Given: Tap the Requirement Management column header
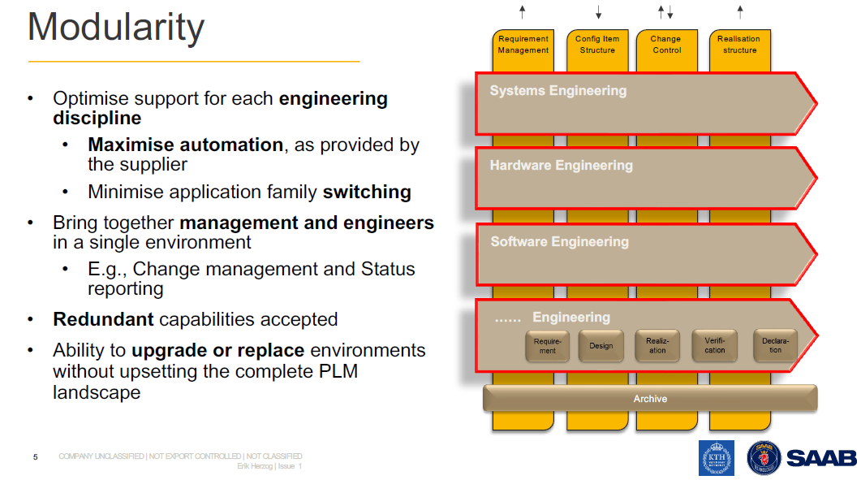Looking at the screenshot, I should click(x=523, y=45).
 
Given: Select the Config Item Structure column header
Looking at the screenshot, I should click(x=597, y=45).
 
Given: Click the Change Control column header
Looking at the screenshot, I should click(x=667, y=45).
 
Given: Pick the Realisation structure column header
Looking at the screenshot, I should click(x=739, y=45).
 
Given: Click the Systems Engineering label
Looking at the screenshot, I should click(x=558, y=91).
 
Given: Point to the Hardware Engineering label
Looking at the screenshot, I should click(x=561, y=166).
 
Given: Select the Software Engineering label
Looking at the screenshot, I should click(x=559, y=242).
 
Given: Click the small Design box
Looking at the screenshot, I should click(x=601, y=346).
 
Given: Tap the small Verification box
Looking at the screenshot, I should click(x=715, y=346).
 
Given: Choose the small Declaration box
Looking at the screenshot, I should click(x=776, y=346).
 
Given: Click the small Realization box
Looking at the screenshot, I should click(x=657, y=346).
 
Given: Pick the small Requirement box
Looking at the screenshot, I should click(x=548, y=346).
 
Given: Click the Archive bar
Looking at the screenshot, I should click(x=650, y=399).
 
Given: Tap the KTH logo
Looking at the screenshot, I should click(x=716, y=458).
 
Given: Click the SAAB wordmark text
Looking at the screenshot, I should click(x=821, y=458).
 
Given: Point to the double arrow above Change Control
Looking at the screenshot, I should click(x=665, y=12).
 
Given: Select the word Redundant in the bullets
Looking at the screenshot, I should click(x=103, y=320).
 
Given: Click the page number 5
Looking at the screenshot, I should click(x=35, y=457).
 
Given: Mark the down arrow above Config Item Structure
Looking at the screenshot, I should click(x=598, y=12).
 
